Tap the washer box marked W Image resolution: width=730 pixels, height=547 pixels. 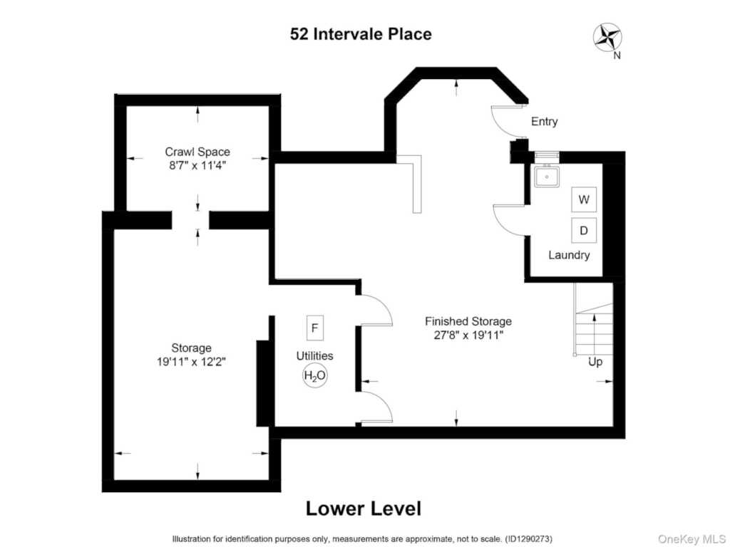pos(584,199)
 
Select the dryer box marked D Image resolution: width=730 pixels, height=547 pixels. pos(584,230)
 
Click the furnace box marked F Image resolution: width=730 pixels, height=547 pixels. pos(314,328)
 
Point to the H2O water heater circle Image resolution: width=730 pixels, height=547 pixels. pos(314,375)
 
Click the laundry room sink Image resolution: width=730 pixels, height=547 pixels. pos(547,176)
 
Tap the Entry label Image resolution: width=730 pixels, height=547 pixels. pos(544,121)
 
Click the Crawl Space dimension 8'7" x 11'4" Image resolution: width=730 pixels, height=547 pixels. pos(197,165)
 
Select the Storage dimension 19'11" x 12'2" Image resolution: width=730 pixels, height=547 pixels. pos(191,361)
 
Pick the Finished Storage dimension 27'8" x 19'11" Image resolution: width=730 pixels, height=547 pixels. pos(468,335)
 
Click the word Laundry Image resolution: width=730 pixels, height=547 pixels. pos(569,255)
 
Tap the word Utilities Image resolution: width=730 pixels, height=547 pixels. pos(314,356)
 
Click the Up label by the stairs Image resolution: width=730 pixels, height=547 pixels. pos(595,361)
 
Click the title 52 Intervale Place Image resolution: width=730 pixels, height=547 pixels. pos(361,34)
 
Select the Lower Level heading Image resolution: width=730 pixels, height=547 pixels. pos(364,509)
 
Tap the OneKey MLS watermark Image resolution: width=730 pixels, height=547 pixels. pos(692,538)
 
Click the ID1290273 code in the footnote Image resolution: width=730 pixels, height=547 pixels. pos(528,539)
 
